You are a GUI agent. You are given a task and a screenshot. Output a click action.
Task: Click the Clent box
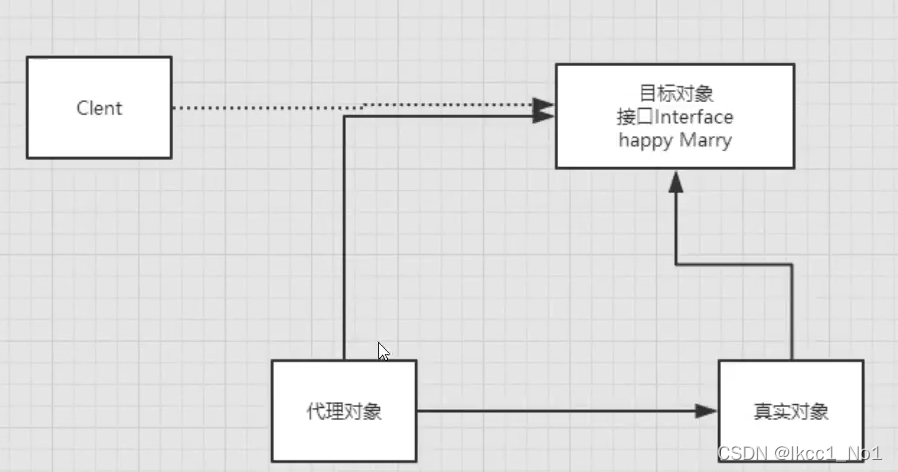click(99, 107)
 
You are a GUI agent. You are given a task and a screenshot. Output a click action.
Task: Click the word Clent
click(99, 108)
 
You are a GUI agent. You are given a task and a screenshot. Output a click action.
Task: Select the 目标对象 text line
click(676, 95)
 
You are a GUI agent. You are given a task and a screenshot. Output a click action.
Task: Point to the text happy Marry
click(675, 140)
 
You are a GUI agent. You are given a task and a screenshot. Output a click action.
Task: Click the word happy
click(646, 140)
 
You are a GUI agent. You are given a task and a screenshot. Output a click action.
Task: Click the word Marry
click(705, 140)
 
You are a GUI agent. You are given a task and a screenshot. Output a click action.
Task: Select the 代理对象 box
click(344, 410)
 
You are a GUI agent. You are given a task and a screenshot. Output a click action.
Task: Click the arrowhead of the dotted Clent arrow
click(543, 105)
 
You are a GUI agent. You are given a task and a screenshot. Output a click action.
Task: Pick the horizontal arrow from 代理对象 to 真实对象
click(559, 411)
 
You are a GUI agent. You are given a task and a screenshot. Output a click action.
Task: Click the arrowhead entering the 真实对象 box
click(708, 411)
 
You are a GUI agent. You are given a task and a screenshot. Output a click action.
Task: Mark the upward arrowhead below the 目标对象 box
click(676, 182)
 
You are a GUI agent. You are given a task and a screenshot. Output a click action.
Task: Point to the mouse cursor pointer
click(383, 351)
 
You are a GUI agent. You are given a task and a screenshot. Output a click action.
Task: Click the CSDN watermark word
click(741, 453)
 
